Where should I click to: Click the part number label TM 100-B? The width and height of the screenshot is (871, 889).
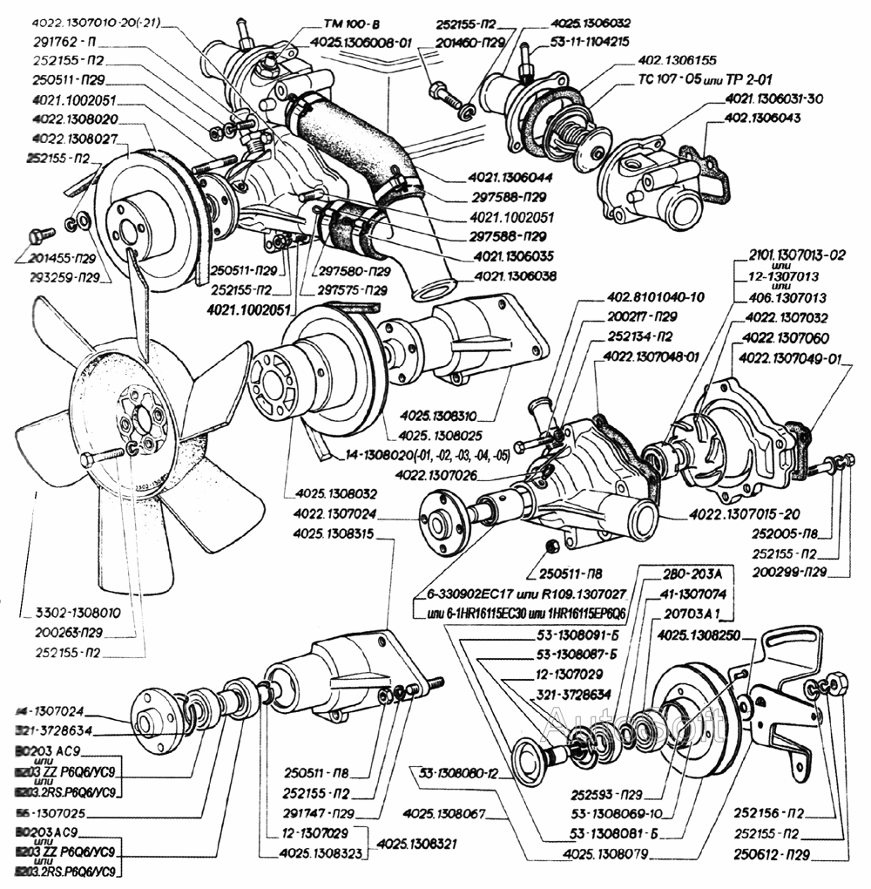tap(330, 26)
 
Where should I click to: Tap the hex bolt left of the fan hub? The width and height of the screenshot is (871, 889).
tap(87, 459)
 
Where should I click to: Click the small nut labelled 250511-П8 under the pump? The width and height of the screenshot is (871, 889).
tap(550, 546)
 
